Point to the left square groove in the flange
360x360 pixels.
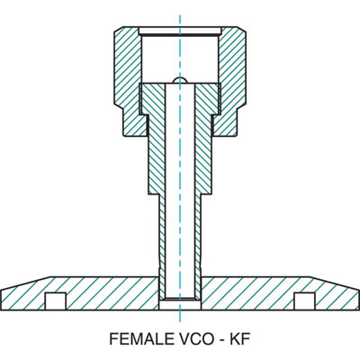pos(57,299)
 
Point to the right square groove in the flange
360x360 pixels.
pos(304,299)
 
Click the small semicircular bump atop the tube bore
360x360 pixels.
pos(180,82)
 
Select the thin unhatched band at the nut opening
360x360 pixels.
pos(180,34)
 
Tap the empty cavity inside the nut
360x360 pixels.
pos(180,58)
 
